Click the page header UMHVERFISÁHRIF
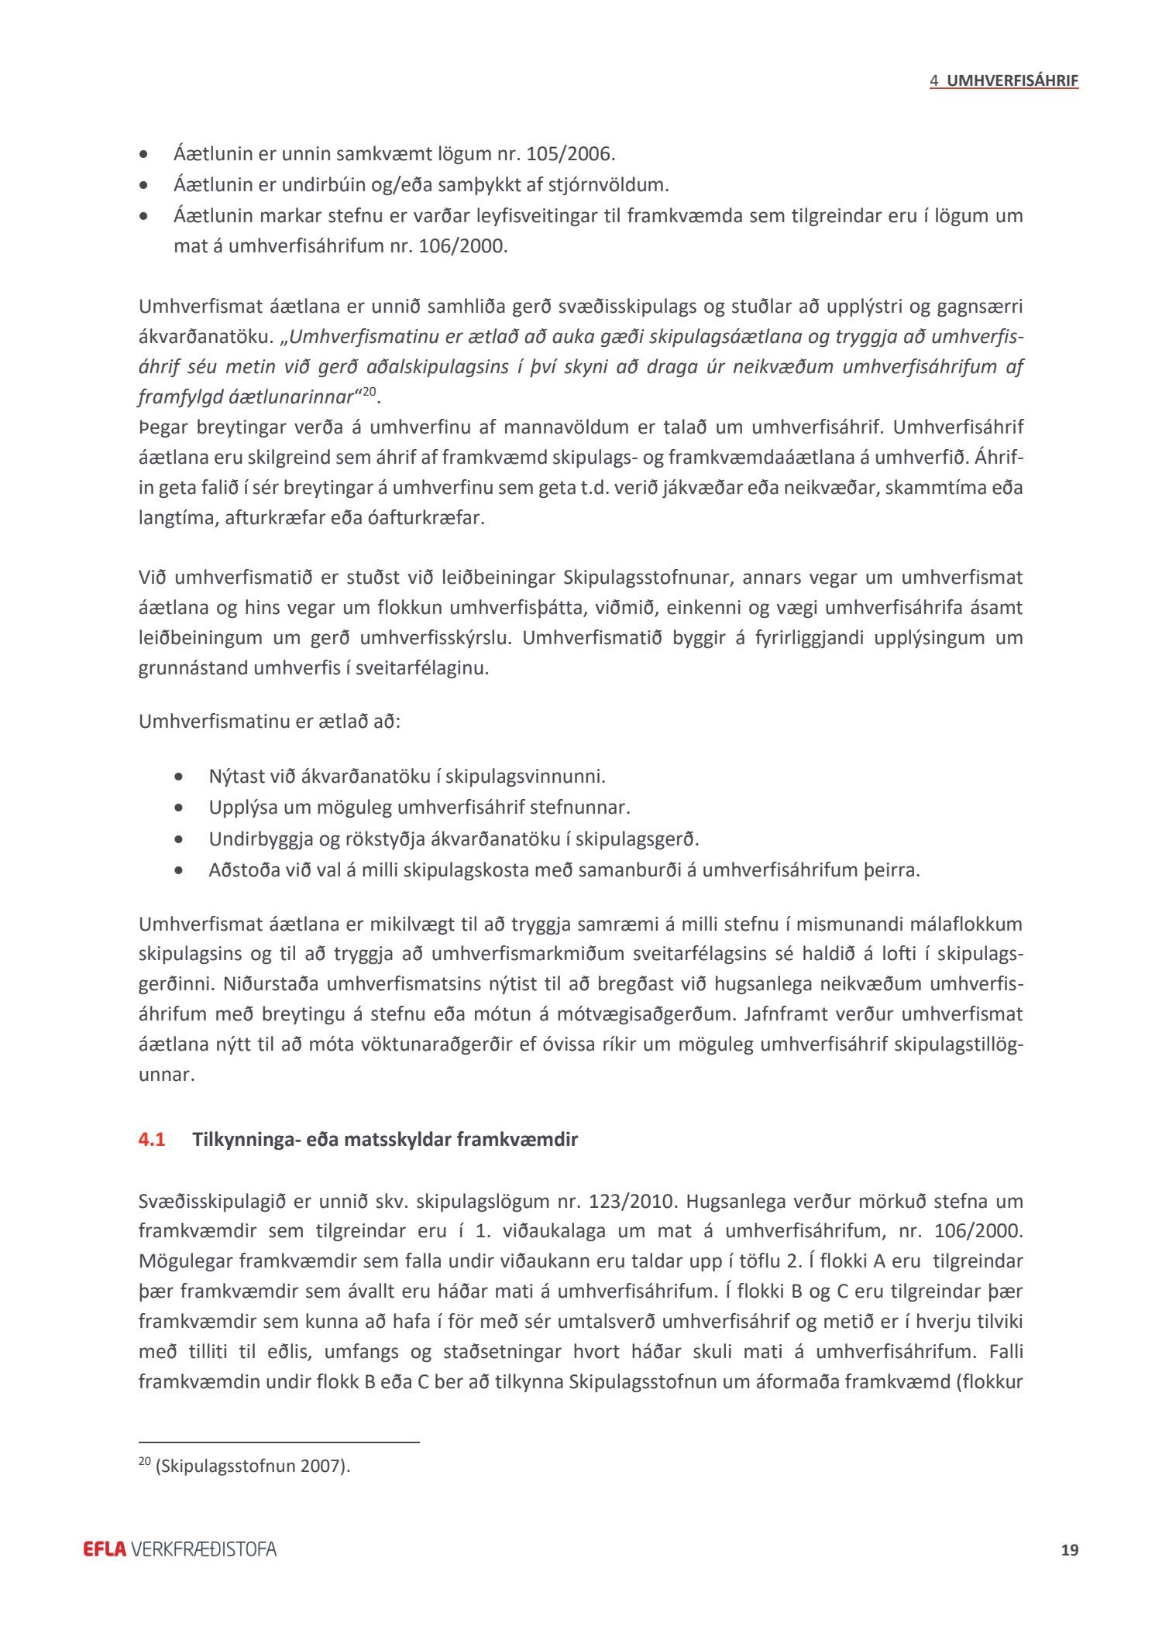pyautogui.click(x=1012, y=81)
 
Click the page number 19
pyautogui.click(x=1069, y=1549)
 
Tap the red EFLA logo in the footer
pyautogui.click(x=105, y=1549)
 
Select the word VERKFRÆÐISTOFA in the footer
pyautogui.click(x=205, y=1549)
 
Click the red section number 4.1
pyautogui.click(x=152, y=1140)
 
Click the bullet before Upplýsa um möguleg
pyautogui.click(x=180, y=808)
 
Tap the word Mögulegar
pyautogui.click(x=186, y=1261)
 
